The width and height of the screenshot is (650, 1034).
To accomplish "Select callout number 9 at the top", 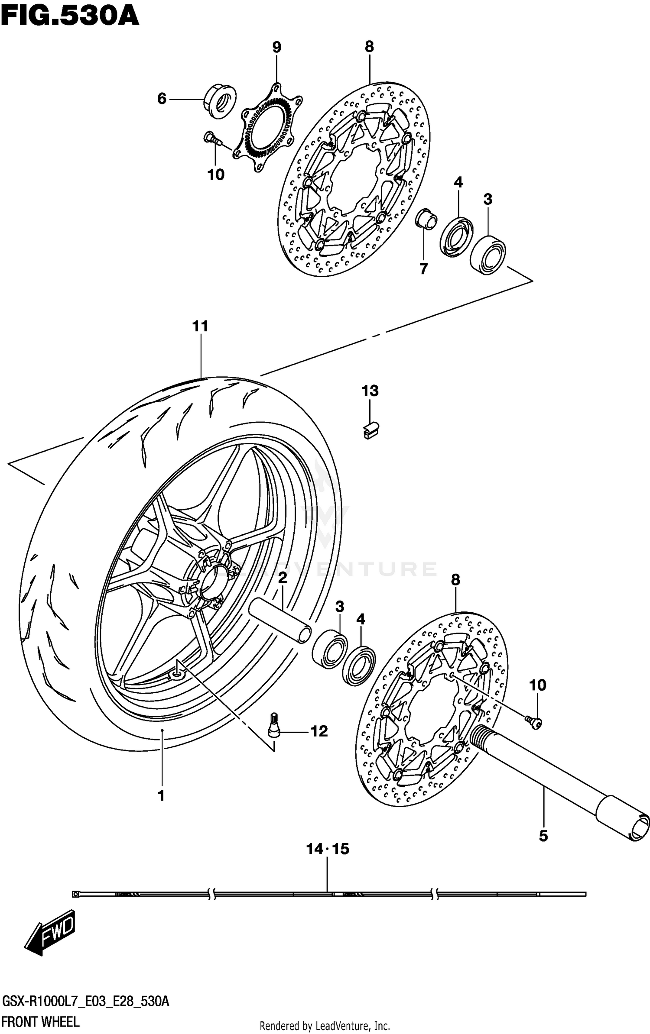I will click(x=276, y=47).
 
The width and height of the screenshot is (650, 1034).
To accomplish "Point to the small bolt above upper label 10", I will click(x=211, y=138).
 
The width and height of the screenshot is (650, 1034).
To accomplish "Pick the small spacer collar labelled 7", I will click(x=426, y=219).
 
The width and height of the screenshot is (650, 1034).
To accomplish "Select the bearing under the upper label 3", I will click(x=488, y=254).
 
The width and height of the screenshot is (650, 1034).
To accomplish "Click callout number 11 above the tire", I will click(x=200, y=326).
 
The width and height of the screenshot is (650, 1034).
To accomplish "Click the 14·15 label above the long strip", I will click(x=327, y=849).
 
